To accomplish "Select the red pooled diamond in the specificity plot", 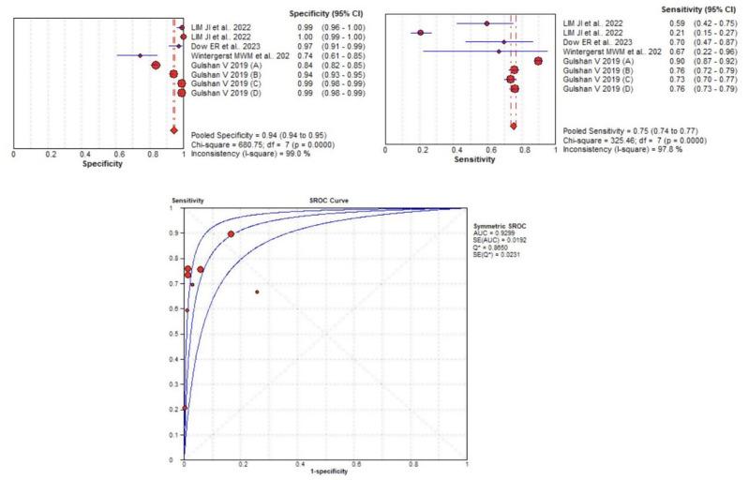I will click(x=173, y=130).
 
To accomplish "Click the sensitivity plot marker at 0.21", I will click(x=421, y=32).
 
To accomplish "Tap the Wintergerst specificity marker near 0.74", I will click(x=141, y=55).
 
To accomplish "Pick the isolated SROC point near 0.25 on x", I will click(x=256, y=292).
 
